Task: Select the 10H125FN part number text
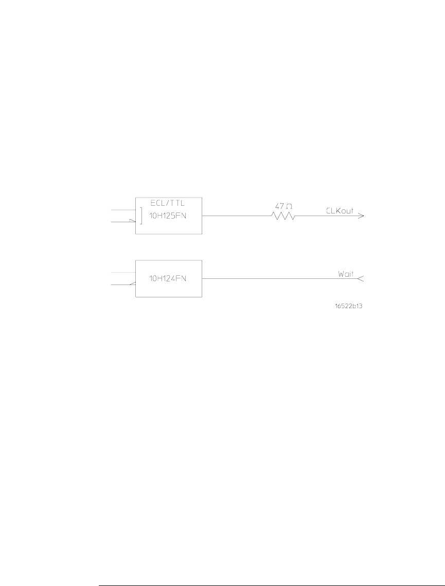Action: pos(168,216)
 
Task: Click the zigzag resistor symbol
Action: pos(283,217)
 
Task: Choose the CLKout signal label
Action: pos(339,211)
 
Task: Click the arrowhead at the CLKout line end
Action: pos(361,217)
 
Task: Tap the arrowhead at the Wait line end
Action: pos(361,279)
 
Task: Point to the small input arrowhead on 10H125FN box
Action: pos(132,222)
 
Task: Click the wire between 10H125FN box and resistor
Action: pos(237,217)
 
